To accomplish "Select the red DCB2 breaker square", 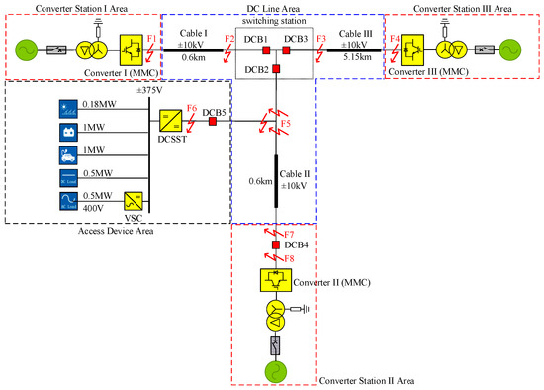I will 278,68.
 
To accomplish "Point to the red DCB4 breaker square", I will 278,244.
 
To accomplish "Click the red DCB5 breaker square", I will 212,122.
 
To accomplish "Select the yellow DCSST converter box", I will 169,122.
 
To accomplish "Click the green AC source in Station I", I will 23,48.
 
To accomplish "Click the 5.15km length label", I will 353,57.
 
